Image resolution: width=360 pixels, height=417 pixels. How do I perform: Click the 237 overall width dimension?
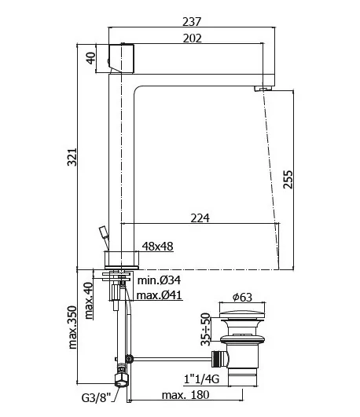point(192,21)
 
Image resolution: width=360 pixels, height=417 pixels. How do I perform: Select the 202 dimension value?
point(193,38)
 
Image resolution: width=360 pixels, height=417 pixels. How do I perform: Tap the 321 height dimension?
point(72,157)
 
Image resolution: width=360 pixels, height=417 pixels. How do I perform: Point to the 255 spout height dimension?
point(288,180)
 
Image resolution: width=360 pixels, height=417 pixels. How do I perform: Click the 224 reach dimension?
point(200,218)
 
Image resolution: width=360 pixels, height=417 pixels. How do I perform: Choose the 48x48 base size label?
point(158,247)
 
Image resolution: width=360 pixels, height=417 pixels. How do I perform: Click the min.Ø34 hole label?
point(159,280)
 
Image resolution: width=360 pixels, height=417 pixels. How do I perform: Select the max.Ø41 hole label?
point(160,295)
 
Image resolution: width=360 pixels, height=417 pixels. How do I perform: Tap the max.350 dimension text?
point(72,327)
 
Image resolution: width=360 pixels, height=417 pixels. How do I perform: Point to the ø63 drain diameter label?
point(242,297)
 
